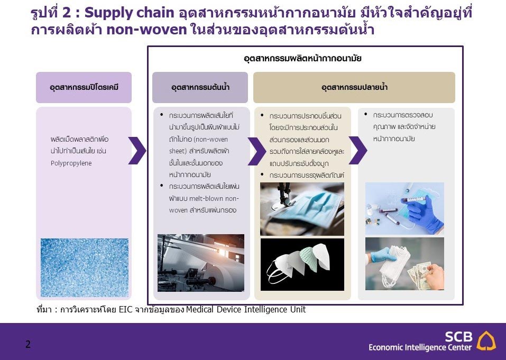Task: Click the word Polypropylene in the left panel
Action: tap(71, 163)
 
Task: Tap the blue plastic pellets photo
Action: tap(85, 267)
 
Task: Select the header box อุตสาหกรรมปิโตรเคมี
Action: tap(84, 87)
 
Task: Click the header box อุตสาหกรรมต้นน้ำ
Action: tap(200, 87)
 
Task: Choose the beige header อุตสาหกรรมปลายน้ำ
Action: tap(354, 87)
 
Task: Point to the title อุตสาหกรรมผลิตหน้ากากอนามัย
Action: tap(302, 58)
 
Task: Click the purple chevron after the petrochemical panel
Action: tap(137, 151)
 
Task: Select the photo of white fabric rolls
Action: tap(201, 263)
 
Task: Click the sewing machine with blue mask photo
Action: tap(302, 209)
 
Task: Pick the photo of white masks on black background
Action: tap(302, 264)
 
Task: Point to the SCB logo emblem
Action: tap(486, 341)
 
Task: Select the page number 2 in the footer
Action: tap(28, 345)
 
